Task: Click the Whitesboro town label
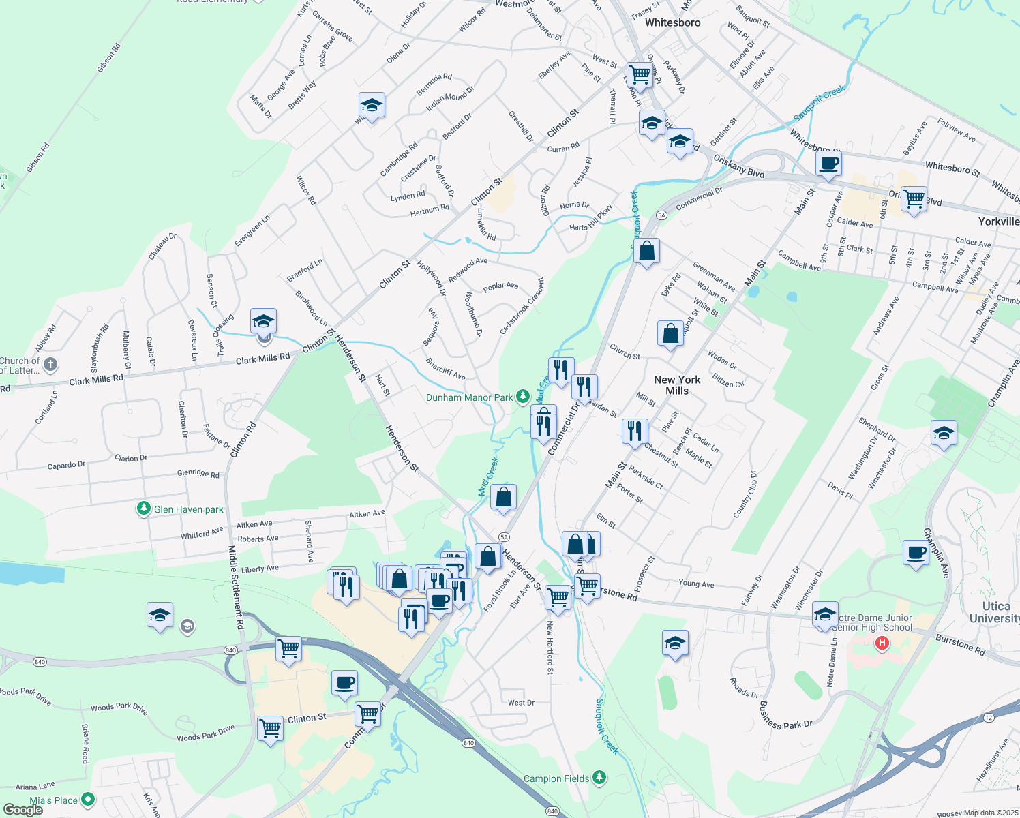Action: pos(672,22)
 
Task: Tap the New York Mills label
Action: pos(677,385)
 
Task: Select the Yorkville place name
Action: pos(998,222)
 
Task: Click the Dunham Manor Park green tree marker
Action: pos(522,396)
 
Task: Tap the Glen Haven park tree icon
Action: pos(143,509)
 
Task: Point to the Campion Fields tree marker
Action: pos(599,777)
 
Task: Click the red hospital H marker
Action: pos(882,643)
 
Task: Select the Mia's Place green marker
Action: pos(88,799)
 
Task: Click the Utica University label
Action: pos(995,612)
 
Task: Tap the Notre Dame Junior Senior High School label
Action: pos(873,622)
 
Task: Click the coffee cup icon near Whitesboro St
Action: pos(829,164)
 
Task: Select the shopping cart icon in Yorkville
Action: pos(914,199)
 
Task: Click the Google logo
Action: pos(22,810)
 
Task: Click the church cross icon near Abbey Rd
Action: pos(50,365)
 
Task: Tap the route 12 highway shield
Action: pos(989,718)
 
